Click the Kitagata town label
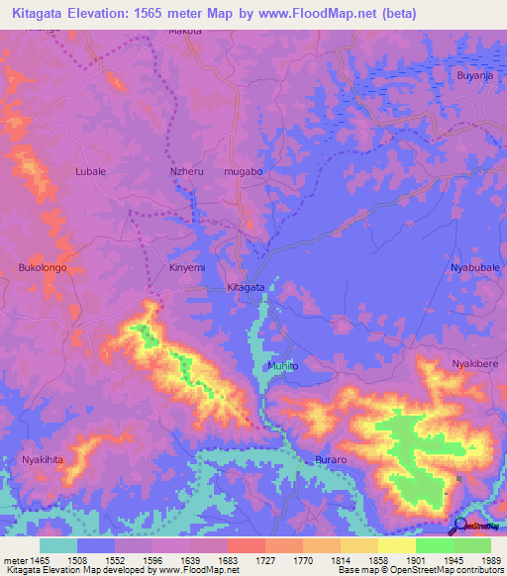pyautogui.click(x=246, y=287)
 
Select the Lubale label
pyautogui.click(x=90, y=171)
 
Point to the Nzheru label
pyautogui.click(x=188, y=171)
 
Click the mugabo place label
pyautogui.click(x=244, y=171)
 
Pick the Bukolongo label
pyautogui.click(x=43, y=267)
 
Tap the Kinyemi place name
pyautogui.click(x=188, y=267)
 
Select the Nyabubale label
pyautogui.click(x=475, y=268)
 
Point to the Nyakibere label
pyautogui.click(x=474, y=364)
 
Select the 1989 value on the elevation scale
pyautogui.click(x=473, y=559)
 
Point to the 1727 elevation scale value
pyautogui.click(x=246, y=559)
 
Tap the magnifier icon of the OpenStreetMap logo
pyautogui.click(x=457, y=526)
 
